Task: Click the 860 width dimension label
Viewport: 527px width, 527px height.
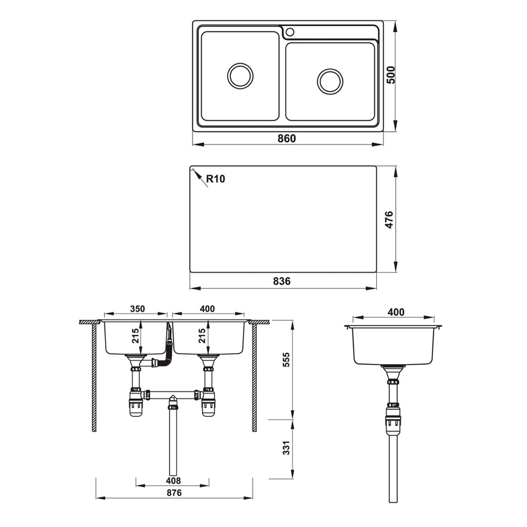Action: (287, 139)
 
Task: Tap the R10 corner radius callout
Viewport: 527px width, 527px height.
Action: (215, 179)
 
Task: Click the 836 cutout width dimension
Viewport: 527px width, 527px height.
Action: (282, 281)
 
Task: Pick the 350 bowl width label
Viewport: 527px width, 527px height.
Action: (135, 309)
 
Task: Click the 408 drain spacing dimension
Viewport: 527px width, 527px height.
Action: (172, 481)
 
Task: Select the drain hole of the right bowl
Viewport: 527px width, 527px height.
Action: (330, 81)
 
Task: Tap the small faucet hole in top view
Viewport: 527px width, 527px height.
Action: (289, 32)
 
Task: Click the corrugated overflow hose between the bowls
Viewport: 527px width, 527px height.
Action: (168, 350)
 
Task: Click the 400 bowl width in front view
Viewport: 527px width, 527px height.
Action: (207, 309)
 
